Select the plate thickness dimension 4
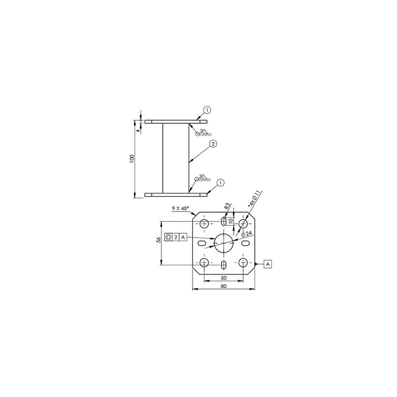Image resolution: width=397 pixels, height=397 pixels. (137, 130)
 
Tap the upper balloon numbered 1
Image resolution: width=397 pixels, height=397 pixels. (207, 110)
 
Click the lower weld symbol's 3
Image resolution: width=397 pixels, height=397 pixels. (200, 176)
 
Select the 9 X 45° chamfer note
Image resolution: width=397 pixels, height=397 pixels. (182, 209)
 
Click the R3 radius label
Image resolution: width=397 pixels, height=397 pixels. (227, 206)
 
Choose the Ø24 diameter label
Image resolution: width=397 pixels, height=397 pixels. (247, 234)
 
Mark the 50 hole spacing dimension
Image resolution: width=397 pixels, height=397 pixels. (224, 277)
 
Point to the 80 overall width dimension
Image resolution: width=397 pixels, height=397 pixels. (223, 286)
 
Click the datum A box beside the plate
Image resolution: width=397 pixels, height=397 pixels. (268, 264)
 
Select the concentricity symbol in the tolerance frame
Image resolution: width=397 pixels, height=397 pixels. (169, 238)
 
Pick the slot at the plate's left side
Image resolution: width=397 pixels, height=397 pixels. (203, 243)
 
